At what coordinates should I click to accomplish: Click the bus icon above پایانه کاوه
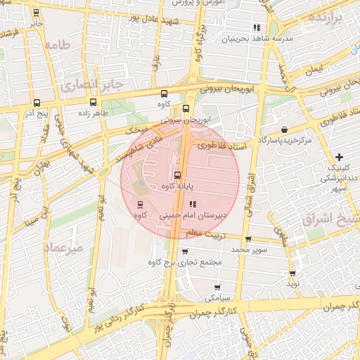pyautogui.click(x=177, y=175)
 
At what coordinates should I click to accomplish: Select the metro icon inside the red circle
pyautogui.click(x=141, y=205)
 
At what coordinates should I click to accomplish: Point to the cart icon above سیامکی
pyautogui.click(x=218, y=287)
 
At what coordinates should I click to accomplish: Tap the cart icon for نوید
pyautogui.click(x=292, y=273)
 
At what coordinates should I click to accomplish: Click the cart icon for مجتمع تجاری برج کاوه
pyautogui.click(x=185, y=251)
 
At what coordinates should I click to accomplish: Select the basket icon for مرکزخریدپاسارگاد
pyautogui.click(x=284, y=130)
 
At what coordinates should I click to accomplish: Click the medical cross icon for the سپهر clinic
pyautogui.click(x=340, y=156)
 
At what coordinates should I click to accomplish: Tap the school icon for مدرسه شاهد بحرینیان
pyautogui.click(x=257, y=27)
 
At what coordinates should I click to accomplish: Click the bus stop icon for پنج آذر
pyautogui.click(x=36, y=103)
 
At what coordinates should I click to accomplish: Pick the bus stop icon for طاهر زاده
pyautogui.click(x=75, y=103)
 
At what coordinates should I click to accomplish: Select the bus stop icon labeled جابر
pyautogui.click(x=36, y=13)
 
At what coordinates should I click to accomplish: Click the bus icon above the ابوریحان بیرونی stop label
pyautogui.click(x=186, y=108)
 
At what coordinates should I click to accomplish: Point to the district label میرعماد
pyautogui.click(x=64, y=248)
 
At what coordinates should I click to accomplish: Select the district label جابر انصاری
pyautogui.click(x=91, y=84)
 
